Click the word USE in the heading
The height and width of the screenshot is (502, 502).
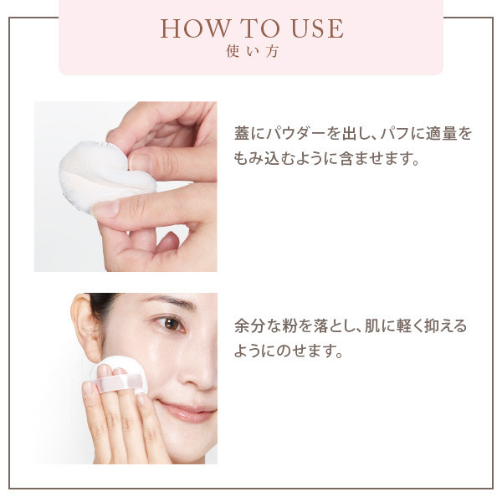pyautogui.click(x=317, y=28)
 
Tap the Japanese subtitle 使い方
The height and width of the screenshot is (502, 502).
pyautogui.click(x=252, y=52)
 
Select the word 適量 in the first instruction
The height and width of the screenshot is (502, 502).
pyautogui.click(x=441, y=134)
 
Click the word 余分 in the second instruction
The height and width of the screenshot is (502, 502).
pyautogui.click(x=249, y=326)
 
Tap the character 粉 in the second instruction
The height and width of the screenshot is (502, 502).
pyautogui.click(x=289, y=326)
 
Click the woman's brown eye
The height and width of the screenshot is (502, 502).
pyautogui.click(x=171, y=324)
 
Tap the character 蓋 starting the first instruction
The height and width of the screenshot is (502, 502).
pyautogui.click(x=242, y=134)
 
